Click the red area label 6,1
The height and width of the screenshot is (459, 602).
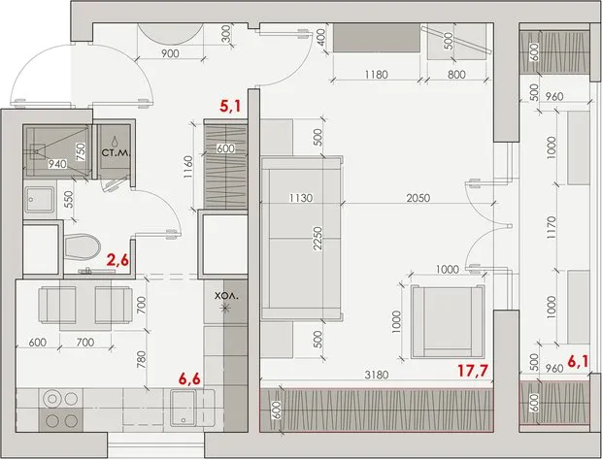(579, 361)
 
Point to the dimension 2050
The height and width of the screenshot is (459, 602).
(418, 200)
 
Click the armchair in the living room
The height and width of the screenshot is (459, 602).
(446, 318)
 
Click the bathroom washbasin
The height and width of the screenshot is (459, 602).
(40, 200)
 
